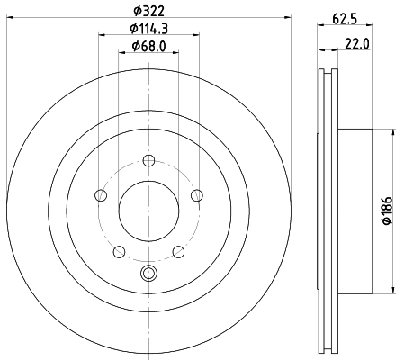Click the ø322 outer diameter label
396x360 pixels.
pyautogui.click(x=148, y=10)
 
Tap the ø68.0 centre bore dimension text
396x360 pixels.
pyautogui.click(x=148, y=46)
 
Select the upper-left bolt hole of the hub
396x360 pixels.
pyautogui.click(x=101, y=195)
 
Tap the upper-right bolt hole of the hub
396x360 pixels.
pyautogui.click(x=196, y=195)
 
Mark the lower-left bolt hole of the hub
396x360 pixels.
pyautogui.click(x=119, y=251)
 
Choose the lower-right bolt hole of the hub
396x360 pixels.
pyautogui.click(x=178, y=251)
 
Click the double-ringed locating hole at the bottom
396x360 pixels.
pyautogui.click(x=148, y=274)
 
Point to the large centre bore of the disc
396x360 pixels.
pyautogui.click(x=148, y=211)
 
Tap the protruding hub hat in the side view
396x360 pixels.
pyautogui.click(x=355, y=211)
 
